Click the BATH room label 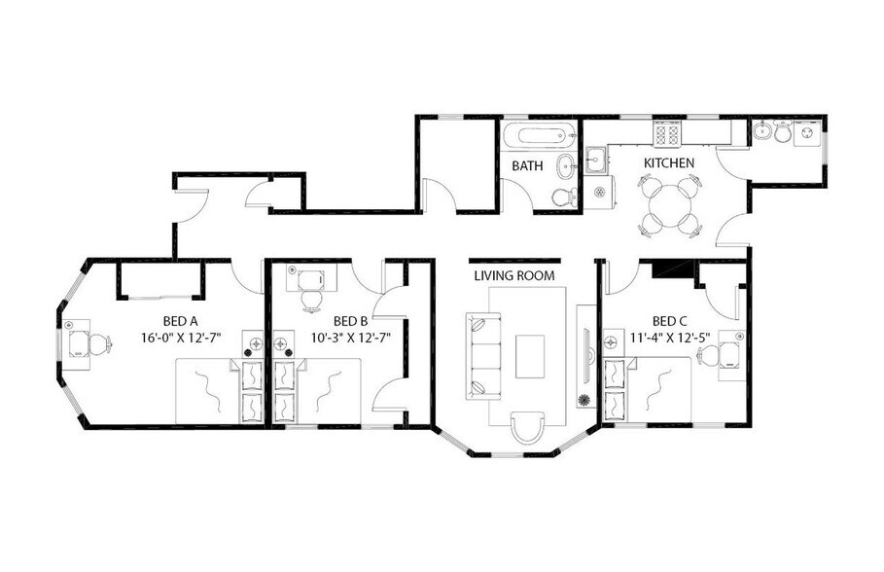pyautogui.click(x=527, y=165)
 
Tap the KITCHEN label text pyautogui.click(x=669, y=162)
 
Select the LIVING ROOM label pyautogui.click(x=514, y=275)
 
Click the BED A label pyautogui.click(x=181, y=321)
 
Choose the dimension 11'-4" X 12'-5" pyautogui.click(x=670, y=339)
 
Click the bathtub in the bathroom pyautogui.click(x=539, y=137)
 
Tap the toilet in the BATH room pyautogui.click(x=562, y=197)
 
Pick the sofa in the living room pyautogui.click(x=483, y=355)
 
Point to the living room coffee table pyautogui.click(x=530, y=356)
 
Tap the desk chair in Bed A pyautogui.click(x=94, y=344)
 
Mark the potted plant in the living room pyautogui.click(x=583, y=401)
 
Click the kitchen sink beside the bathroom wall pyautogui.click(x=595, y=158)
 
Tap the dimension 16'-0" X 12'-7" pyautogui.click(x=181, y=339)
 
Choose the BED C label pyautogui.click(x=670, y=321)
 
